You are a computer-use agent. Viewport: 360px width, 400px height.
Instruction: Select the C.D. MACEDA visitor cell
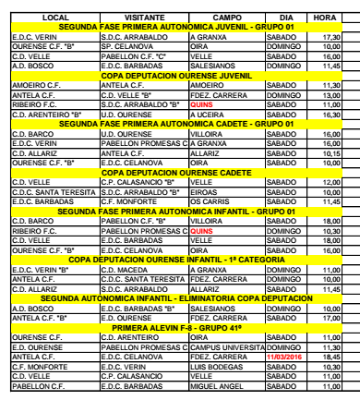click(124, 271)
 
